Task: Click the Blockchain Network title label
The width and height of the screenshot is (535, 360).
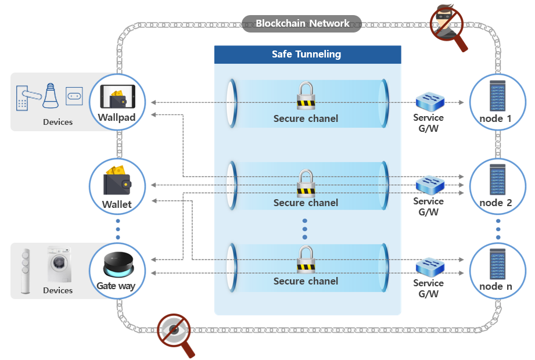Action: point(302,24)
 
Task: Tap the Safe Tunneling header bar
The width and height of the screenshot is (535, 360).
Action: point(307,55)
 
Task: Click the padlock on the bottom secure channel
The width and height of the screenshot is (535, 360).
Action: point(305,260)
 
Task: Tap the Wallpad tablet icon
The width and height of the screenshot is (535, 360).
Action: point(117,96)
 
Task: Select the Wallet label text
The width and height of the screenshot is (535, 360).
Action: point(117,204)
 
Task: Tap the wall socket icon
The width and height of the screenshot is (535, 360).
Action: point(74,95)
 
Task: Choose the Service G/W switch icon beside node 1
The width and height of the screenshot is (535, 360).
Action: point(430,102)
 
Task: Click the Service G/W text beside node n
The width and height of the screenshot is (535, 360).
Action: point(428,289)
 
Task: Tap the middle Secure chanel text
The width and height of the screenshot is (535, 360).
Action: point(306,203)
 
